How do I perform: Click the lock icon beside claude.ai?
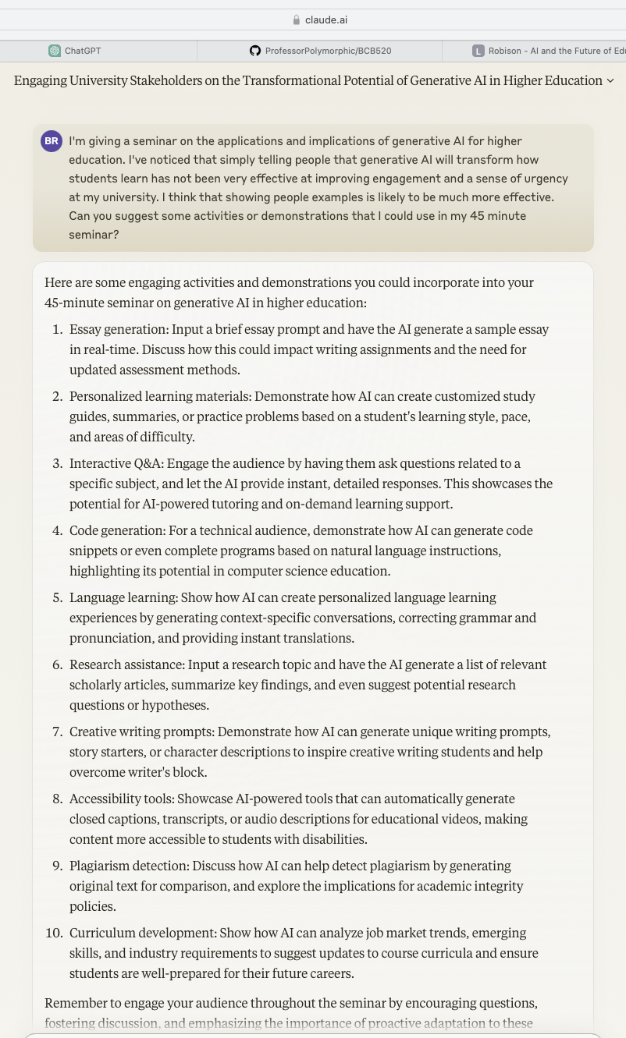[x=296, y=19]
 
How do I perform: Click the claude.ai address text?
[x=321, y=19]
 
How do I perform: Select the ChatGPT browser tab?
[x=82, y=51]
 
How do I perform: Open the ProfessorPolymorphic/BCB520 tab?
[x=328, y=51]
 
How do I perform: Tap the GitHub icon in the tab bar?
[x=255, y=51]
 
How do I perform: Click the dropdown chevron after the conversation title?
[x=610, y=81]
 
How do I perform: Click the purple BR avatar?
[x=52, y=141]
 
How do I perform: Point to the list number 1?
[x=57, y=330]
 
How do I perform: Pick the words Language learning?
[x=123, y=598]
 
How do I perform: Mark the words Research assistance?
[x=128, y=665]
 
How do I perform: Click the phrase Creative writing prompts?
[x=142, y=732]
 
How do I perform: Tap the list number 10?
[x=55, y=933]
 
